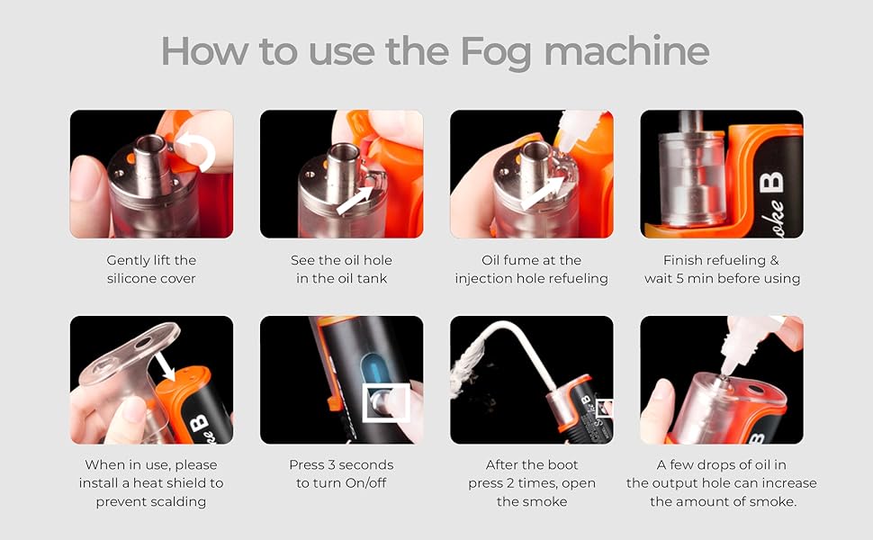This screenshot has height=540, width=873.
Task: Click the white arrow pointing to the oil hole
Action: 355,200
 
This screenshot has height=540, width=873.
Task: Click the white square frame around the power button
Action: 386,402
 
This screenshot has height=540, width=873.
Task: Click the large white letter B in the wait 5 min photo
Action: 771,183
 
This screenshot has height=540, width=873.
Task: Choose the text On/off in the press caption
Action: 365,482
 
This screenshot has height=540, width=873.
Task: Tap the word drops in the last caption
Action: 718,464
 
